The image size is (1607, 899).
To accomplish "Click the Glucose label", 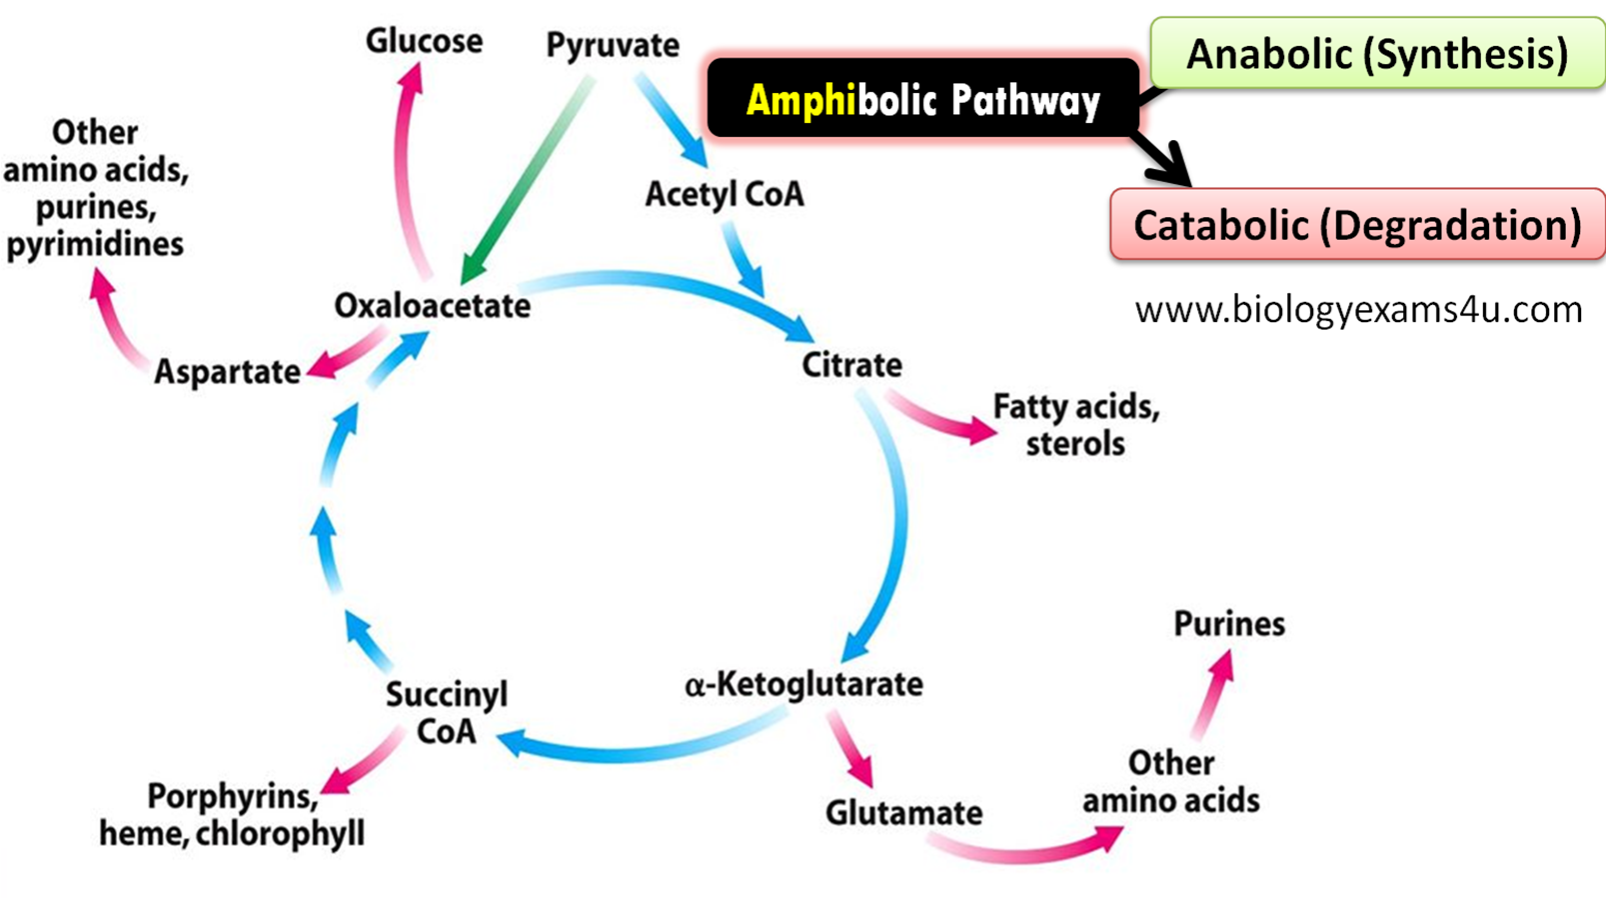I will click(x=424, y=41).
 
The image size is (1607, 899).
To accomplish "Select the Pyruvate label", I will click(x=612, y=45).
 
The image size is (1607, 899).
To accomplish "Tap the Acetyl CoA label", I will click(x=724, y=194).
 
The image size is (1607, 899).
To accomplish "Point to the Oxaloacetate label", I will click(x=432, y=306).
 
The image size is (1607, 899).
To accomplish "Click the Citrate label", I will click(x=851, y=365).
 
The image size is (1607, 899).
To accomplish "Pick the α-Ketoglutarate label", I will click(x=803, y=685).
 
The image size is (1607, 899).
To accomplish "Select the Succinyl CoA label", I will click(x=447, y=712).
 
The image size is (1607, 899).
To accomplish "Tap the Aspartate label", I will click(x=227, y=372).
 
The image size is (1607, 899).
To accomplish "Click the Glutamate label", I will click(x=903, y=813).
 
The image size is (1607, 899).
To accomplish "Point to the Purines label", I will click(x=1228, y=624).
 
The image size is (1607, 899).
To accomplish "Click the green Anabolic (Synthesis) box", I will click(x=1376, y=54).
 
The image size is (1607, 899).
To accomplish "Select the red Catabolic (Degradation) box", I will click(x=1356, y=226).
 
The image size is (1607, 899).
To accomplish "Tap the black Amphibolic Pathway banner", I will click(x=921, y=101).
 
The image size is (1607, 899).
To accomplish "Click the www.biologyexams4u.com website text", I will click(x=1357, y=310).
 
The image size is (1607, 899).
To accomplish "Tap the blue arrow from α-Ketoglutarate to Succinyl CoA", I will click(x=640, y=745).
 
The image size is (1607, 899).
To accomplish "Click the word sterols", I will click(x=1074, y=443).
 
